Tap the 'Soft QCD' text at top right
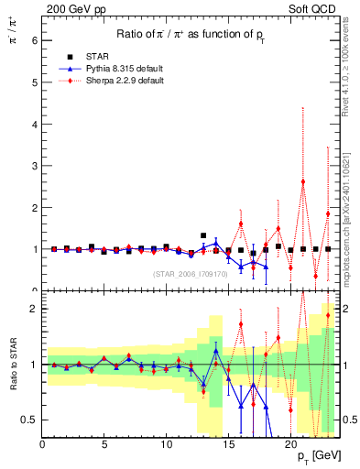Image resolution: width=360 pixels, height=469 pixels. (313, 8)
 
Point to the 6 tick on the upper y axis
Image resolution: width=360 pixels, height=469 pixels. (35, 40)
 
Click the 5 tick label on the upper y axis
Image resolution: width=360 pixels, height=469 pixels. (35, 82)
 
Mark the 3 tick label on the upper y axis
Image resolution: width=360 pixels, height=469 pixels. (35, 166)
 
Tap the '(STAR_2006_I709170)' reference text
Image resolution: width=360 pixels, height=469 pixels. (190, 273)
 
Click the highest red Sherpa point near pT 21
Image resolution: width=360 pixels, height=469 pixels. (302, 181)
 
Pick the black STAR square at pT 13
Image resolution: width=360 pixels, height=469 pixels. (203, 235)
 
